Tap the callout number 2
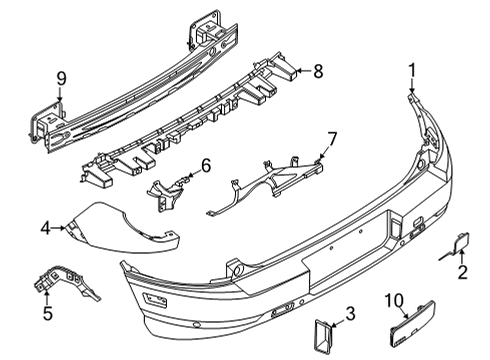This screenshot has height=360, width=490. [461, 272]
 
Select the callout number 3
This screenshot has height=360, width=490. [349, 317]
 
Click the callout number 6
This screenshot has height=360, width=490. [205, 166]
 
